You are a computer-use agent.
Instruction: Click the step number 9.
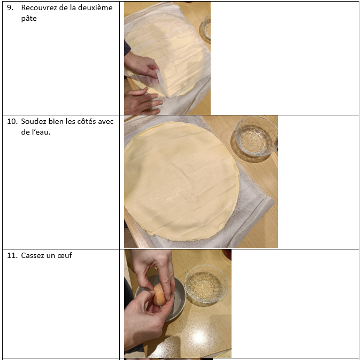click(x=10, y=7)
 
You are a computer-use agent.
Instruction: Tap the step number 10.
click(x=12, y=121)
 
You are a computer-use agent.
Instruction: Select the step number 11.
click(x=12, y=255)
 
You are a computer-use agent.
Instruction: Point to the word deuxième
click(x=95, y=7)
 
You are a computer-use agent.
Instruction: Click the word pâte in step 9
click(x=29, y=19)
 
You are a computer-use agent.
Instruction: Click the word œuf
click(x=64, y=255)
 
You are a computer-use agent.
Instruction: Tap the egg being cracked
click(x=159, y=294)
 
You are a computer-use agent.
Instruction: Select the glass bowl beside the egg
click(x=206, y=284)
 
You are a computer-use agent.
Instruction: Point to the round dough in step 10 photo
click(x=181, y=181)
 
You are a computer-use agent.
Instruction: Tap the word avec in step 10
click(x=105, y=121)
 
